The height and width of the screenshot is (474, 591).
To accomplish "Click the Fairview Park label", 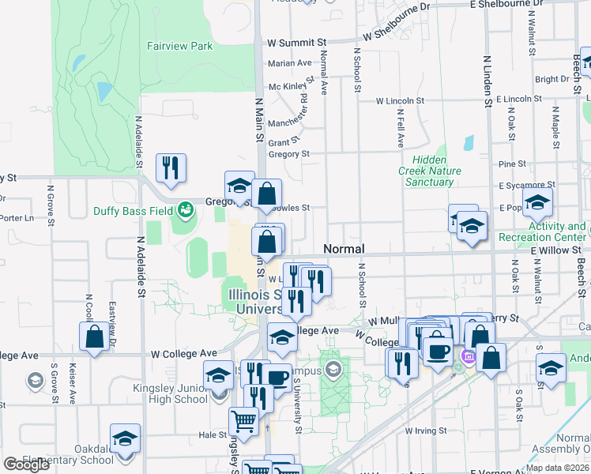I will (x=179, y=46).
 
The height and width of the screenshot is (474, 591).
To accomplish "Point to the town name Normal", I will (x=344, y=249).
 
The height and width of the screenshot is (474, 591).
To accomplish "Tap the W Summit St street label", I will (x=296, y=42).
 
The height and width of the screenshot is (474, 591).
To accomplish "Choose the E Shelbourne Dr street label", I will (x=506, y=5).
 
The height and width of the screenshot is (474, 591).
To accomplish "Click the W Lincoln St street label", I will (x=400, y=101).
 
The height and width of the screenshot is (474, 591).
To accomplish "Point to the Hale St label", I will (x=212, y=434).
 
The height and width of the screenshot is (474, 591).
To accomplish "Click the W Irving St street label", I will (x=425, y=431).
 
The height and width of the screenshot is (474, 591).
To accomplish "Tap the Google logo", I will (x=26, y=465).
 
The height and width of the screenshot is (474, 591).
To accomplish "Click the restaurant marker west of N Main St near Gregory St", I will (x=171, y=167).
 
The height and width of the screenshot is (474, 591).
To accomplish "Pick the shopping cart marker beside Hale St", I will (x=243, y=422).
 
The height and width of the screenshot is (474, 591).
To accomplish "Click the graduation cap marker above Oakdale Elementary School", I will (x=125, y=438).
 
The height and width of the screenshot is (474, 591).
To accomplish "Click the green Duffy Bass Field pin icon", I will (x=185, y=210).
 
